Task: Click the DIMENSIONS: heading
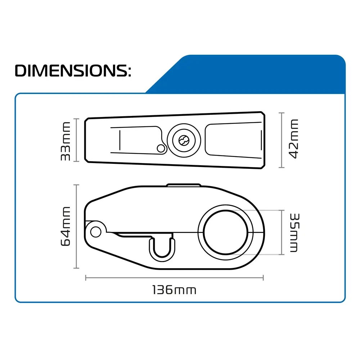(x=73, y=71)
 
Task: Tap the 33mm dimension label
(x=66, y=141)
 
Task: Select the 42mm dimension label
(x=293, y=139)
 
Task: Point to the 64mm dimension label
(x=66, y=226)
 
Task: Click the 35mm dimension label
(x=294, y=233)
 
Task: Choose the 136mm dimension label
(x=174, y=290)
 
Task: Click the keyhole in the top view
(x=184, y=140)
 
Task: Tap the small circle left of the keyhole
(x=161, y=149)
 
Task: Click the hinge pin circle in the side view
(x=96, y=231)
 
